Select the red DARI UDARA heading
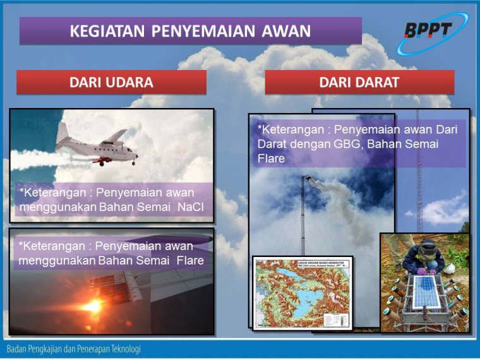tap(111, 82)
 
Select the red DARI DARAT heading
tap(359, 82)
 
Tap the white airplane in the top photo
tap(101, 148)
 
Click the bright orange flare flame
tap(93, 306)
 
